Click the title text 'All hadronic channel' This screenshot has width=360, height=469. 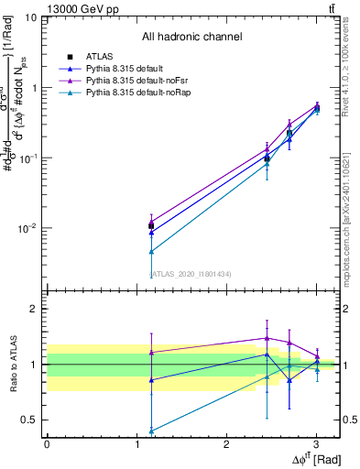pos(191,38)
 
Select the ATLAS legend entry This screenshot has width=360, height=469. pos(99,57)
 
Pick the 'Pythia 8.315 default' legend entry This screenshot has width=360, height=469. pos(127,69)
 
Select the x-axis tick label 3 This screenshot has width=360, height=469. pos(316,445)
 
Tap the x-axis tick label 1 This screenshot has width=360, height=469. pos(136,445)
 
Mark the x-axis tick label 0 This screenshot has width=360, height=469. pos(47,445)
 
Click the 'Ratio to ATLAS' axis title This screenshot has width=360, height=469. pos(12,365)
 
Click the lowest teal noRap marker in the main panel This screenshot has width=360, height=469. pos(150,251)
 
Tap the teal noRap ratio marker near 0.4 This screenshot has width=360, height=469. pos(150,431)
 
